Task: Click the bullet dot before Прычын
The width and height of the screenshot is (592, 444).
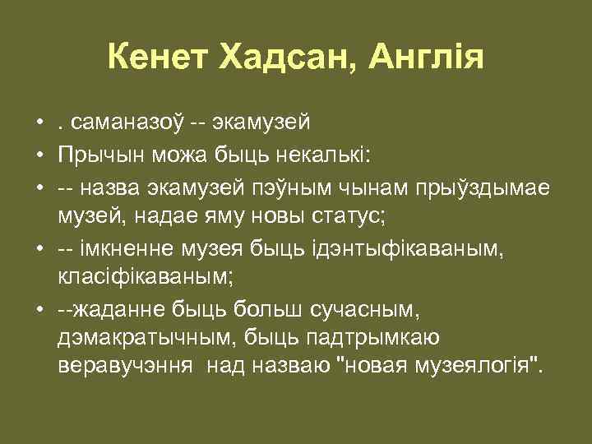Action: click(39, 155)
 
